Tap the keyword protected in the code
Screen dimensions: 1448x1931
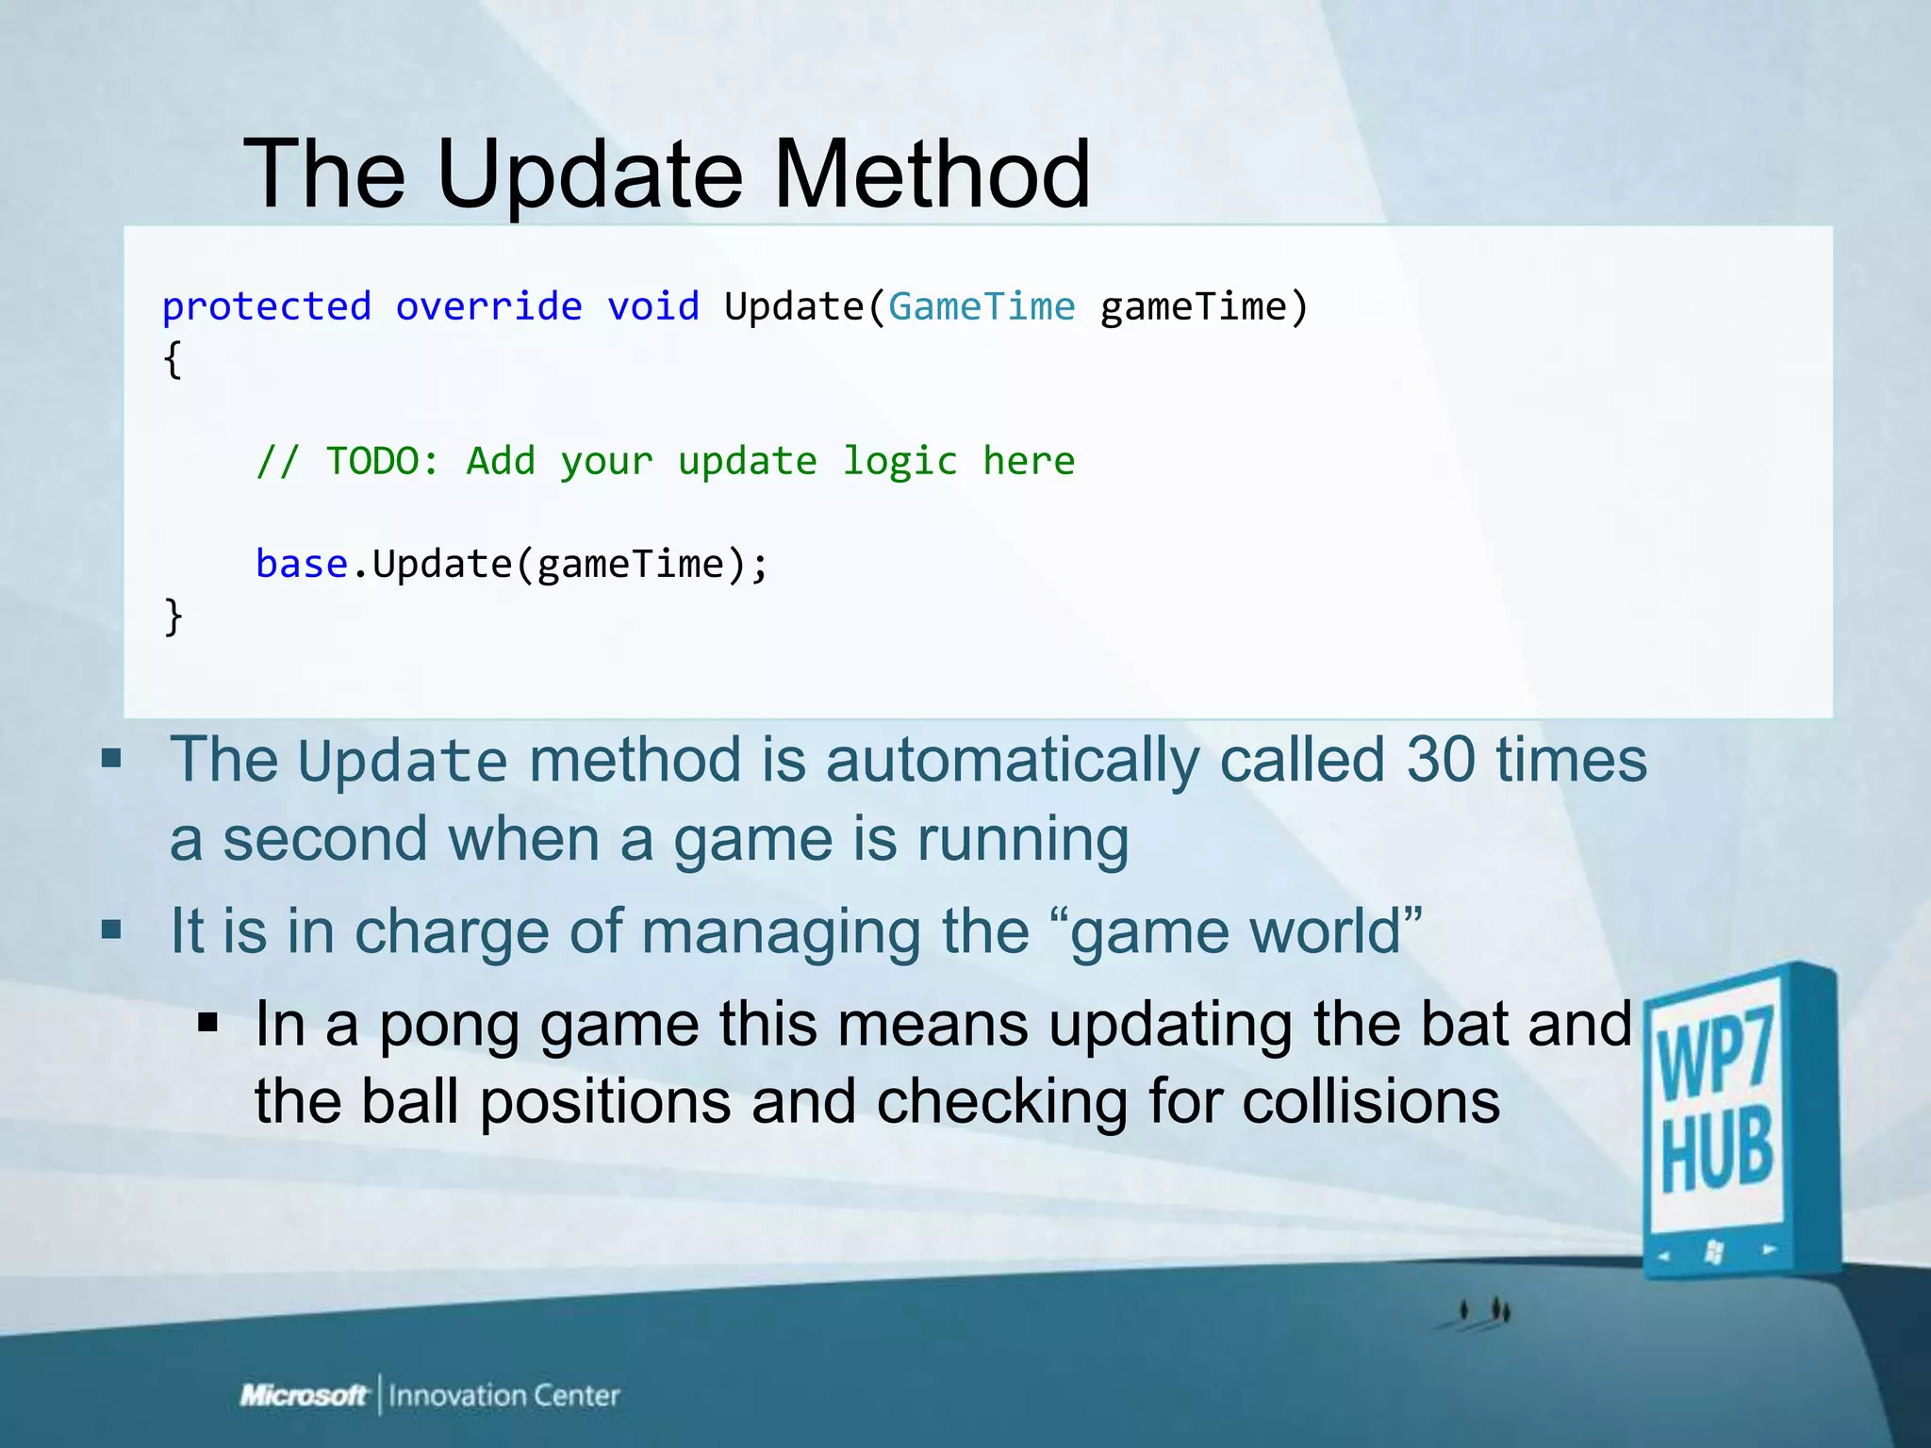(x=267, y=307)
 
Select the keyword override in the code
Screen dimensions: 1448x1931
(x=488, y=307)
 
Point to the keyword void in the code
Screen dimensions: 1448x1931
(x=652, y=307)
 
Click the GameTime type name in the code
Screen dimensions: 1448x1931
(x=981, y=307)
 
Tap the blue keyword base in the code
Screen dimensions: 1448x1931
(x=302, y=565)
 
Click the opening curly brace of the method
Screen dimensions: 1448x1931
(x=173, y=360)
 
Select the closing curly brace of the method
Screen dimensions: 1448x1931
(x=173, y=617)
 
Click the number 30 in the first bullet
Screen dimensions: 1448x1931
(x=1440, y=760)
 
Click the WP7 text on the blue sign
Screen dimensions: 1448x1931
(x=1715, y=1054)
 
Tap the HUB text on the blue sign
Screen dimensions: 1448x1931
(x=1717, y=1152)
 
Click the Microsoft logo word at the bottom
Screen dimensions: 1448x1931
(x=304, y=1395)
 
